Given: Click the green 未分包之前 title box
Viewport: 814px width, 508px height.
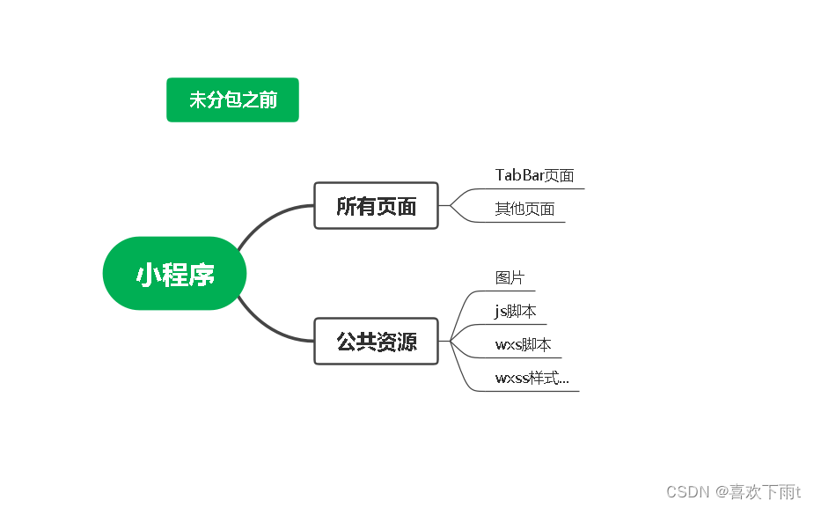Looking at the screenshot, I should [x=232, y=99].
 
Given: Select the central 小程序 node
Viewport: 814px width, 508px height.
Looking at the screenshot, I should [x=175, y=274].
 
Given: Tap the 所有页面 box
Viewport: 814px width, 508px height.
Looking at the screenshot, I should [x=376, y=206].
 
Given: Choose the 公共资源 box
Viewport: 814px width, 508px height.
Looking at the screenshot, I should [x=376, y=342].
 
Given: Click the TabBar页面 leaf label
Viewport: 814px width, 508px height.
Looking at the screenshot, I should [x=534, y=175].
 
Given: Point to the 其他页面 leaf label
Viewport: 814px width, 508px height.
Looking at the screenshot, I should [x=524, y=209].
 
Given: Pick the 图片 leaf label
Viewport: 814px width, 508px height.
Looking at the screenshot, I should [x=510, y=277].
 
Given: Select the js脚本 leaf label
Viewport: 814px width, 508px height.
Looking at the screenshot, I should [x=516, y=311].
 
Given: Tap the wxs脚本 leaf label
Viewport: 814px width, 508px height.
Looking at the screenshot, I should [x=523, y=344].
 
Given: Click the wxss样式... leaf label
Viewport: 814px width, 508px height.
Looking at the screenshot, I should [x=532, y=378].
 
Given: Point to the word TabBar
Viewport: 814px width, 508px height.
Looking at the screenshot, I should [x=519, y=175].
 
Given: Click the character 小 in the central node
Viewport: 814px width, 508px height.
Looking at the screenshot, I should [x=147, y=275].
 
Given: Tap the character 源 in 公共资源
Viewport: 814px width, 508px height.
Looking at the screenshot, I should [x=407, y=342].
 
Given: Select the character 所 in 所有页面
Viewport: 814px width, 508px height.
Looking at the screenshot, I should [x=347, y=206].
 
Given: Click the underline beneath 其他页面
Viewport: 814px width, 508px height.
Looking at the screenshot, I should [x=528, y=222].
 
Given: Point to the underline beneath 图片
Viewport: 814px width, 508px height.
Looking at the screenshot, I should [x=515, y=290].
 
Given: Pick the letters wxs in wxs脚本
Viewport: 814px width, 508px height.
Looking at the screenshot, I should [x=508, y=345].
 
